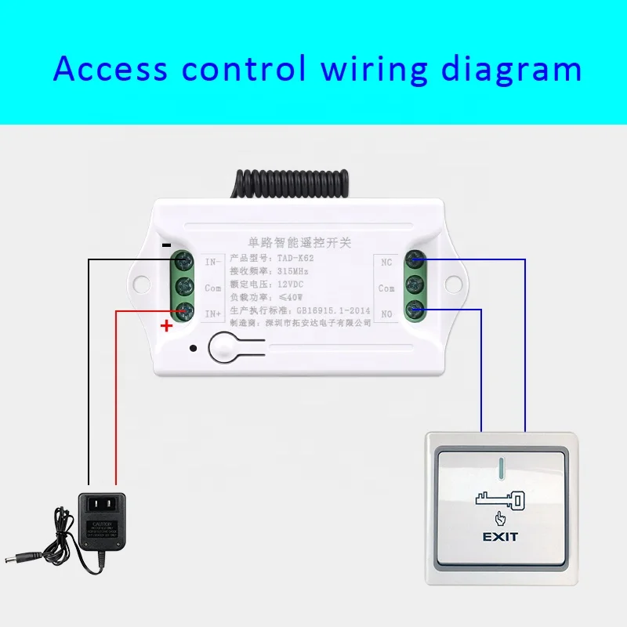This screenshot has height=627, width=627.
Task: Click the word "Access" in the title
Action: pos(110,69)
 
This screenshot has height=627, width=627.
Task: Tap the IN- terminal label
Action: pos(212,261)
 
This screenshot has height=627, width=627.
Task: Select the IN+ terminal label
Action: pos(212,313)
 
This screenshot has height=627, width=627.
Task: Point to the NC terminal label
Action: pos(386,262)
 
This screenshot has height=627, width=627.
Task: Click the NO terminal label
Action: pos(386,313)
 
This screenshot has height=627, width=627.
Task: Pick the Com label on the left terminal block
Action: pos(212,288)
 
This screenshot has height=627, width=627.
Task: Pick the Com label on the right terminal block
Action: pos(386,288)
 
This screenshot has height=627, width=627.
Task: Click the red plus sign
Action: pos(166,327)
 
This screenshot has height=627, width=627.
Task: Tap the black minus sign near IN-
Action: pos(166,244)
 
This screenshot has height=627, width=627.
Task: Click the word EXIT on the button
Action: pos(499,537)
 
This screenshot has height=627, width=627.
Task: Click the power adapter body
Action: pos(103,520)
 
